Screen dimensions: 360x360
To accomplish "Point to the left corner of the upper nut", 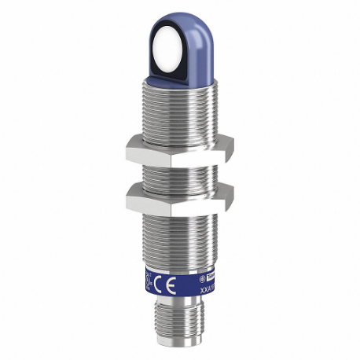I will (127, 146).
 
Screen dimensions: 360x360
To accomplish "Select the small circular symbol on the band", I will (202, 277).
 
